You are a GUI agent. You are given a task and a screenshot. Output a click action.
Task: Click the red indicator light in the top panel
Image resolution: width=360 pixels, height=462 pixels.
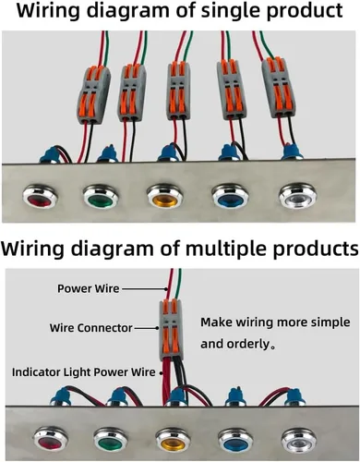(x=40, y=196)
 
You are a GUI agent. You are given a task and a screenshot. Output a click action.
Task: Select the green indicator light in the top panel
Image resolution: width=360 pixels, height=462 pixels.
(x=101, y=196)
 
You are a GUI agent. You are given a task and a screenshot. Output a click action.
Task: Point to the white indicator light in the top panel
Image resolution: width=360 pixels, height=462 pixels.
(x=297, y=196)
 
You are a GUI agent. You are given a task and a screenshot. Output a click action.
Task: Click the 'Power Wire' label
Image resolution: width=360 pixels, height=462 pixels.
(x=88, y=288)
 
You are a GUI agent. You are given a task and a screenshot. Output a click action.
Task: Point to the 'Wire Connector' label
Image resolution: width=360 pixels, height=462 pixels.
(x=91, y=328)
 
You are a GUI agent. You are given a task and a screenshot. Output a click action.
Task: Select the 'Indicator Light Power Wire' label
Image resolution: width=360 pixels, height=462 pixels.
(x=84, y=372)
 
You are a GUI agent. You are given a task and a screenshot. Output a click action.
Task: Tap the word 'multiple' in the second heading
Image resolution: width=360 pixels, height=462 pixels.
(x=228, y=249)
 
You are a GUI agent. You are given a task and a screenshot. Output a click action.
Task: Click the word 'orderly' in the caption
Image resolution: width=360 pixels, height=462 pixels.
(x=247, y=345)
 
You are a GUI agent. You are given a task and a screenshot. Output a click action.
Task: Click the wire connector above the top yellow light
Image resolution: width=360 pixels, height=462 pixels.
(x=178, y=91)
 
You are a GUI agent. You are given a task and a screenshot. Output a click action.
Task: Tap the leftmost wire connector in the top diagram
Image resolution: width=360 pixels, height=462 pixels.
(x=93, y=95)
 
